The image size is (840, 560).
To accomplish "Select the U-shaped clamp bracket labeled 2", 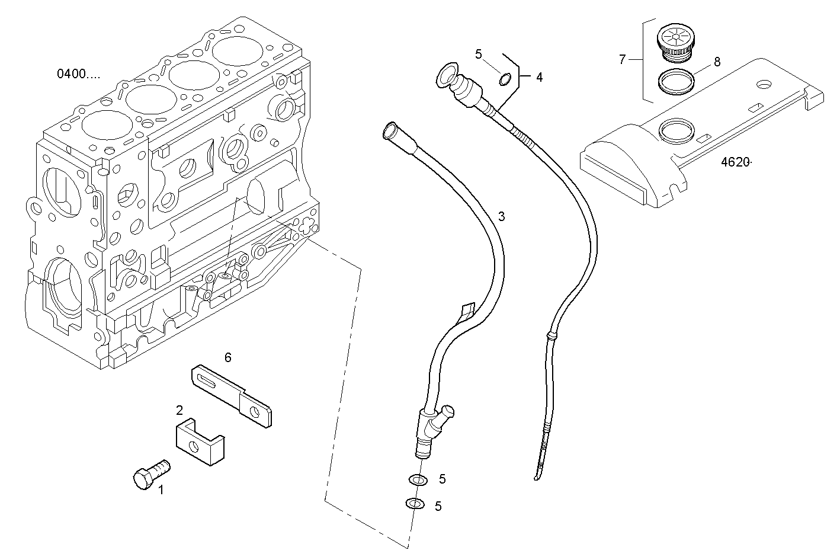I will (x=201, y=441).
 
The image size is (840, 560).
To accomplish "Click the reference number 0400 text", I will (x=78, y=74).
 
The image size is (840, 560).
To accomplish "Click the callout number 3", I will (x=501, y=216).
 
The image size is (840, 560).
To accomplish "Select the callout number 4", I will (x=538, y=77).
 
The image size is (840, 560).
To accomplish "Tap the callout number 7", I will (x=622, y=59).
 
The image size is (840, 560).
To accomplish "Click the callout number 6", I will (x=227, y=357).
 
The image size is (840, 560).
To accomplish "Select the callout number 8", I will (x=717, y=62).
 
